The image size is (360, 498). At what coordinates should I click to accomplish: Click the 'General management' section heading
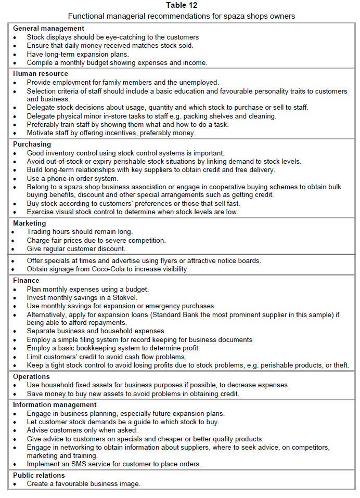48,28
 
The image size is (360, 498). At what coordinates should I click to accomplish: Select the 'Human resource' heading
41,74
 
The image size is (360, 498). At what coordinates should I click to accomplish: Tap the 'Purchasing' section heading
32,144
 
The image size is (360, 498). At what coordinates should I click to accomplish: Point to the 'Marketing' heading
30,223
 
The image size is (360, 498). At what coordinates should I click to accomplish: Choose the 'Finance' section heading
27,280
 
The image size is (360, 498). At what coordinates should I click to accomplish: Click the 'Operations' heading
31,376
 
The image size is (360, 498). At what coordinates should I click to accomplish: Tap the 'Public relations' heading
39,475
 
